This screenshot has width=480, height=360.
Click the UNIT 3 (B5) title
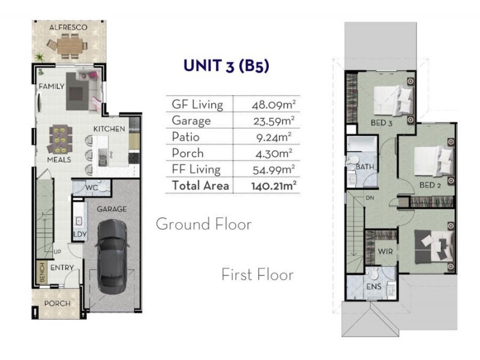coord(226,66)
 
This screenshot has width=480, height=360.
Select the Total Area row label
coord(200,185)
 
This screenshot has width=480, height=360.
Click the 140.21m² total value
coord(274,185)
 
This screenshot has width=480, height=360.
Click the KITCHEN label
coord(109,129)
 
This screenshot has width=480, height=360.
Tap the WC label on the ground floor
coord(91,187)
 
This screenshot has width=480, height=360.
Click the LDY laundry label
coord(79,234)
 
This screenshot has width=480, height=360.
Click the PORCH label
coord(58,304)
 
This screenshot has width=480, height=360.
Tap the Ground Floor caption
coord(203,224)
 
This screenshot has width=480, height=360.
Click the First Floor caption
coord(257,275)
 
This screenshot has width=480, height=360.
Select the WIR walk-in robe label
coord(386,251)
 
